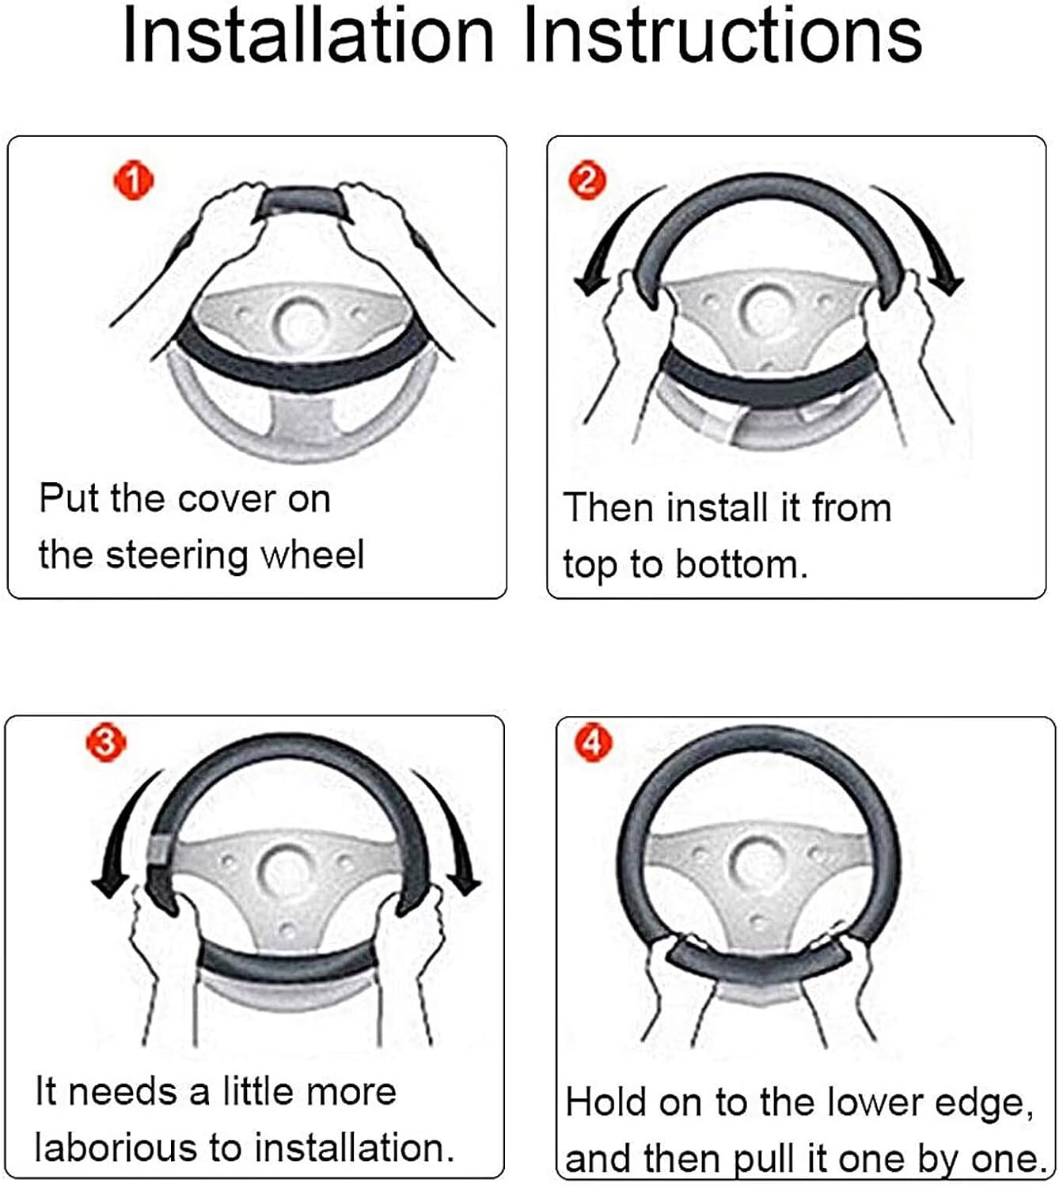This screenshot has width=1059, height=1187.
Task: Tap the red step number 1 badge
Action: click(x=134, y=182)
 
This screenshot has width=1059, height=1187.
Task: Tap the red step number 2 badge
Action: click(x=586, y=181)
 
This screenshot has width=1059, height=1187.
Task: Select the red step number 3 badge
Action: click(x=107, y=743)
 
